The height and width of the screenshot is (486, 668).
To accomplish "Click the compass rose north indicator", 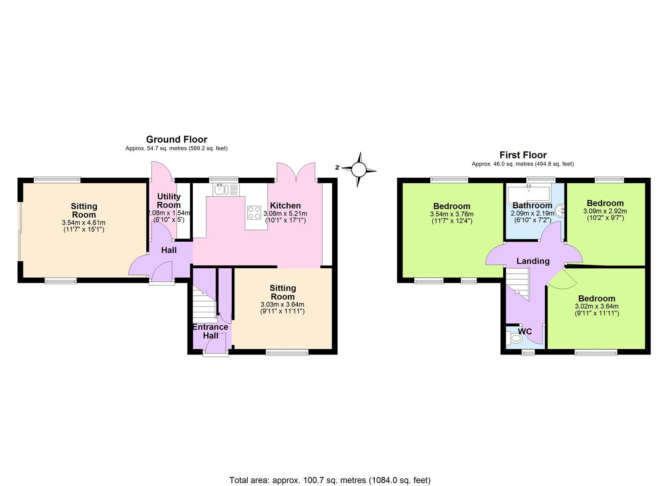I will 359,169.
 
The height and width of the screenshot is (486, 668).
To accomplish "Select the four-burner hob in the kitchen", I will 254,212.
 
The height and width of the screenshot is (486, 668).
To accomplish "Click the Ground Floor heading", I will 176,139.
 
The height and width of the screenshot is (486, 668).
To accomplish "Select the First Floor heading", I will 522,155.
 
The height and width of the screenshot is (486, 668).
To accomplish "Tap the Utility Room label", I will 169,201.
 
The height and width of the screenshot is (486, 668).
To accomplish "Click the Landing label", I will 533,261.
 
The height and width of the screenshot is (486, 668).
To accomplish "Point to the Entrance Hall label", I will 210,331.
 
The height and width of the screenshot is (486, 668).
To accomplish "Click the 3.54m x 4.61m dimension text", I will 84,222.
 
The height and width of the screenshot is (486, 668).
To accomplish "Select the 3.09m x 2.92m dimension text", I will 605,211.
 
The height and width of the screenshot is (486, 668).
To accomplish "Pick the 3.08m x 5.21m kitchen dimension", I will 285,214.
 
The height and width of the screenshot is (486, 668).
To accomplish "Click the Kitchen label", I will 285,206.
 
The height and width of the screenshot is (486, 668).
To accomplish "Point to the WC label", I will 525,332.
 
